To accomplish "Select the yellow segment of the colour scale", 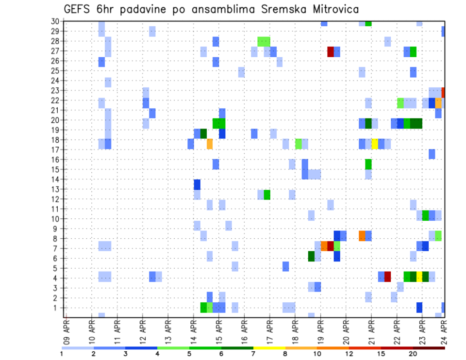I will pyautogui.click(x=269, y=348).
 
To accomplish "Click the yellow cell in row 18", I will pyautogui.click(x=375, y=144).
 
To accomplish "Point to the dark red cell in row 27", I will pyautogui.click(x=331, y=51).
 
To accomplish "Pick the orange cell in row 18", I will pyautogui.click(x=210, y=144).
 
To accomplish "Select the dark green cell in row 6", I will pyautogui.click(x=311, y=256).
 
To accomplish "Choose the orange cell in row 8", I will pyautogui.click(x=362, y=236).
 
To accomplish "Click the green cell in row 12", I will pyautogui.click(x=267, y=195).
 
